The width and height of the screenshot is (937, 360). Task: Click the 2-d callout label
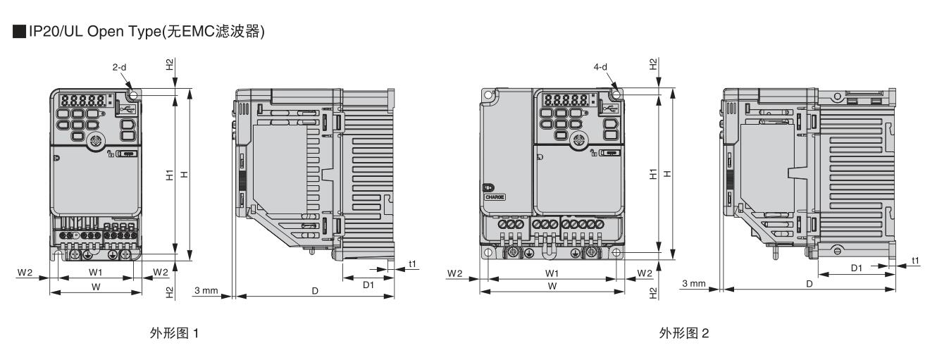click(119, 67)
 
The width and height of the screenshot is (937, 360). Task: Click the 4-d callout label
click(600, 66)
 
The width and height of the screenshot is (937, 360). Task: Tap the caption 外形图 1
click(174, 333)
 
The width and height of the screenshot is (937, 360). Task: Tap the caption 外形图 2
click(684, 333)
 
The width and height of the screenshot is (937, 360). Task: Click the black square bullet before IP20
click(19, 32)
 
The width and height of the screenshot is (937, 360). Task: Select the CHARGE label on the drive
click(495, 197)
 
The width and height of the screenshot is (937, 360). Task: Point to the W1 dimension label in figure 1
click(95, 272)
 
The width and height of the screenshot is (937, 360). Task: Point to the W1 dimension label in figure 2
click(552, 273)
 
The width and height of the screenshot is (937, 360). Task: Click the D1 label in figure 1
click(368, 285)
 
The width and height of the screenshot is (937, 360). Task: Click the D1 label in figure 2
click(857, 268)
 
